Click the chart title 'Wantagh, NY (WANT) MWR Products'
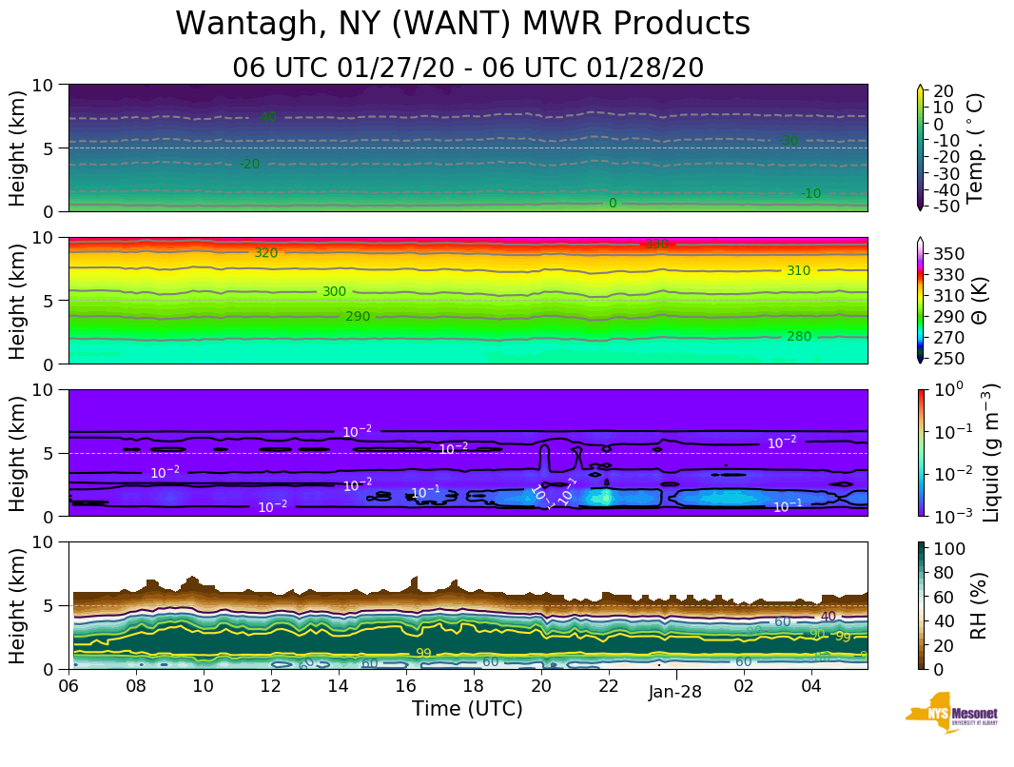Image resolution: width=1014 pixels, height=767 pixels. click(463, 24)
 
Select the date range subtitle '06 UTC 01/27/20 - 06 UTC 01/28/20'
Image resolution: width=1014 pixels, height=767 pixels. click(468, 68)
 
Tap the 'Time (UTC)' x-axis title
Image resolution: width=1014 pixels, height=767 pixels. click(467, 709)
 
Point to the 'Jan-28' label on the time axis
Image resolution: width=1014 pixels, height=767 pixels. click(675, 693)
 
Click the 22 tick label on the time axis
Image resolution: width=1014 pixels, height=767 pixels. click(609, 685)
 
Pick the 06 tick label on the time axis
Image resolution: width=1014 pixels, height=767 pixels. click(68, 685)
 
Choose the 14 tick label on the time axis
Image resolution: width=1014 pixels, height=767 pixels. click(339, 685)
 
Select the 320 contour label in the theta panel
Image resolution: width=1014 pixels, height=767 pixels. click(265, 253)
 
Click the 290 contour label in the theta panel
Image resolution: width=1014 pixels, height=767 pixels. click(358, 317)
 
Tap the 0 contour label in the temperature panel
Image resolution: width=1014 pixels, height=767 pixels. click(613, 203)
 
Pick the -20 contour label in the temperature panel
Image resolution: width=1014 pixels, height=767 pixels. click(249, 165)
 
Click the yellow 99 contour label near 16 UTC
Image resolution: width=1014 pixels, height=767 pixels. click(425, 653)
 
